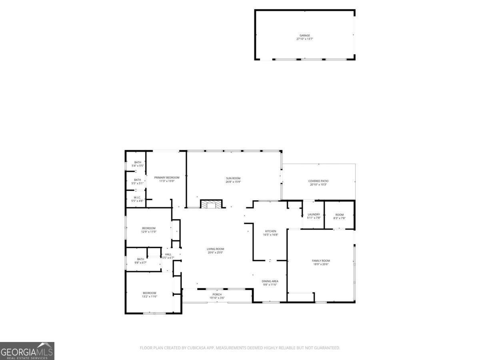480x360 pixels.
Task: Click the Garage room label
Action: pyautogui.click(x=305, y=36)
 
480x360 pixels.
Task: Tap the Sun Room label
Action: pyautogui.click(x=233, y=178)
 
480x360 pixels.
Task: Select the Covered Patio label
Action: pyautogui.click(x=318, y=181)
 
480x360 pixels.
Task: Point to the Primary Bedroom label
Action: pyautogui.click(x=167, y=177)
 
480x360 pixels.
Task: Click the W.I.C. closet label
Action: pyautogui.click(x=137, y=197)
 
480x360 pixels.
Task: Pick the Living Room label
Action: pyautogui.click(x=215, y=249)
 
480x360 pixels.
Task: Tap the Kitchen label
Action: pyautogui.click(x=271, y=231)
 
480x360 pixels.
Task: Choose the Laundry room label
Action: pyautogui.click(x=314, y=214)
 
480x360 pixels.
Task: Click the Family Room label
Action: pyautogui.click(x=321, y=261)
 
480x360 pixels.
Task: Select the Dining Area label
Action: pyautogui.click(x=270, y=281)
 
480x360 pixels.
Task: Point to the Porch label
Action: pyautogui.click(x=217, y=294)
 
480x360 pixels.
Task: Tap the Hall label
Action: pyautogui.click(x=168, y=254)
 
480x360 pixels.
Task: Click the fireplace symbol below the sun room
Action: pyautogui.click(x=210, y=204)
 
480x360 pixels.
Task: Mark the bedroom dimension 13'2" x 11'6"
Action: pyautogui.click(x=149, y=296)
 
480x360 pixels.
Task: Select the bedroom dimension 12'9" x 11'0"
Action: pyautogui.click(x=148, y=232)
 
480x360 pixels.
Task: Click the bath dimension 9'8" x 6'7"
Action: pyautogui.click(x=140, y=262)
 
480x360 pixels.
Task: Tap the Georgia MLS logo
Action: pyautogui.click(x=27, y=351)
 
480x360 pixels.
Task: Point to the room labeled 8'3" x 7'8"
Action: pyautogui.click(x=339, y=216)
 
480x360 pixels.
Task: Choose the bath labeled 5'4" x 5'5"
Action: pyautogui.click(x=138, y=164)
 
